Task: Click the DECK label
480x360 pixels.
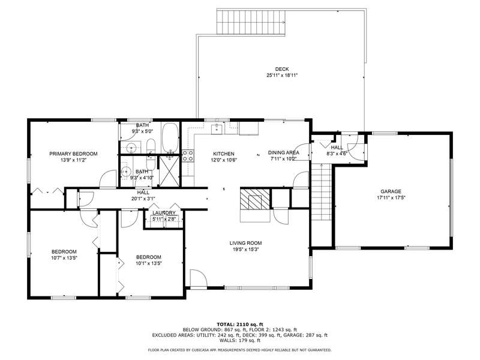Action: [281, 69]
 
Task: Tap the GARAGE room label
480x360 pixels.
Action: [391, 191]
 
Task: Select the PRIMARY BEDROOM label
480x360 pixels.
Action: [73, 154]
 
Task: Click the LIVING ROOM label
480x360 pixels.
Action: [245, 243]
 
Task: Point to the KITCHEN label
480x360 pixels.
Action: [224, 154]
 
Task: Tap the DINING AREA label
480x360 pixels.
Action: [284, 152]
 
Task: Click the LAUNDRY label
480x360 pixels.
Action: [164, 213]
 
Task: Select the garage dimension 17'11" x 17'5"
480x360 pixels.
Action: [391, 198]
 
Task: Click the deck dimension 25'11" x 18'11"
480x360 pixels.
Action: [281, 76]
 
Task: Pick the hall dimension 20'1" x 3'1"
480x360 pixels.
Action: [143, 199]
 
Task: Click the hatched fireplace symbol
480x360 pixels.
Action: [254, 199]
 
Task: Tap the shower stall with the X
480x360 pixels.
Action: [169, 170]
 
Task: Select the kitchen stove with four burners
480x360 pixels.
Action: [188, 156]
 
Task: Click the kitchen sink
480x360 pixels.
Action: [217, 129]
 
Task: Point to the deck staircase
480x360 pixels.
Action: [251, 22]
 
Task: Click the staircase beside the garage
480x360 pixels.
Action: [321, 191]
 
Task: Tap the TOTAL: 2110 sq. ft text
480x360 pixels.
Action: [239, 324]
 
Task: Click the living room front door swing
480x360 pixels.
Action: [199, 278]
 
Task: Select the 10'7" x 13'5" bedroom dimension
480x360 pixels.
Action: [64, 258]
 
